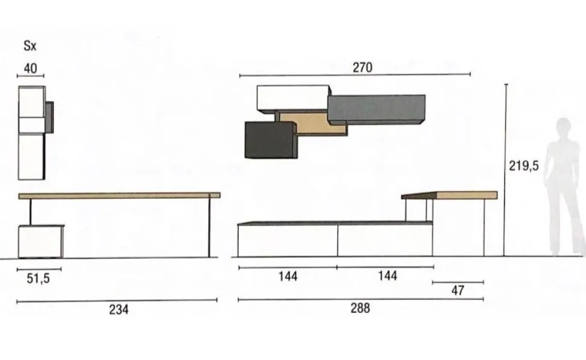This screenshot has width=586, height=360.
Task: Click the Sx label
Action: point(30,46)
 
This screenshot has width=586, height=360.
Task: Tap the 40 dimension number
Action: point(30,68)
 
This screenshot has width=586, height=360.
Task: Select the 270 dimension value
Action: point(362,67)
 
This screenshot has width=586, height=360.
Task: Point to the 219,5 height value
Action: point(524,166)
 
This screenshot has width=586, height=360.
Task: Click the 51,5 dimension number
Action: point(38,278)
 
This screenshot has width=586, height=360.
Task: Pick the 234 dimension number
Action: point(119,309)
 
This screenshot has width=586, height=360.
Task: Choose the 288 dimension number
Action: point(360,308)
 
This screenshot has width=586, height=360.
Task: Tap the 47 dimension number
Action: point(458,291)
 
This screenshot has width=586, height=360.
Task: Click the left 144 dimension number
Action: point(288,277)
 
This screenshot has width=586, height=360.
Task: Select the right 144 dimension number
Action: point(387,276)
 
